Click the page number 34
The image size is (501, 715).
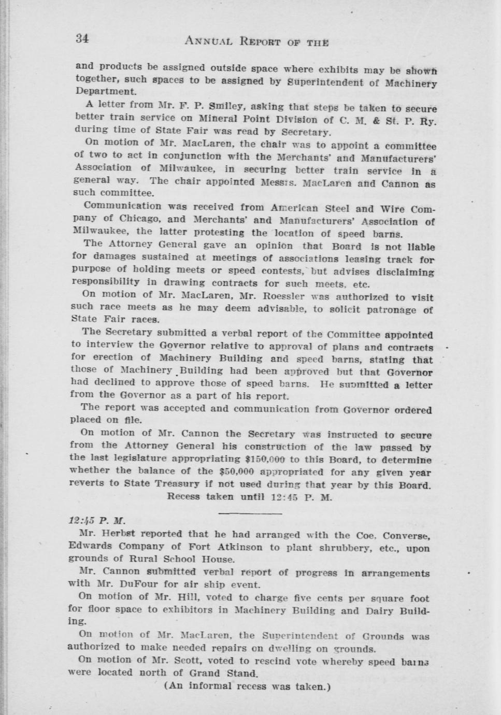pos(82,38)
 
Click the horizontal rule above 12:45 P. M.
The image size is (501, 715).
pos(250,513)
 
